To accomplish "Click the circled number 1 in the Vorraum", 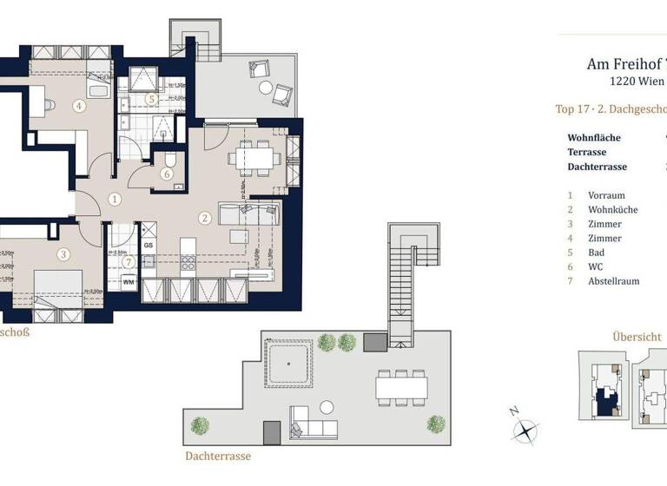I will tap(115, 199).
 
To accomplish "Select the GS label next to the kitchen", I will tap(149, 246).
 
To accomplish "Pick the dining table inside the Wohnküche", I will tap(255, 157).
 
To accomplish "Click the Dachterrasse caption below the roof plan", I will tap(218, 455).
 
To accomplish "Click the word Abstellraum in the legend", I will tap(615, 281).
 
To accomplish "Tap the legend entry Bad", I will tap(596, 253).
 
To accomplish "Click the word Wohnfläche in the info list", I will tap(595, 137).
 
